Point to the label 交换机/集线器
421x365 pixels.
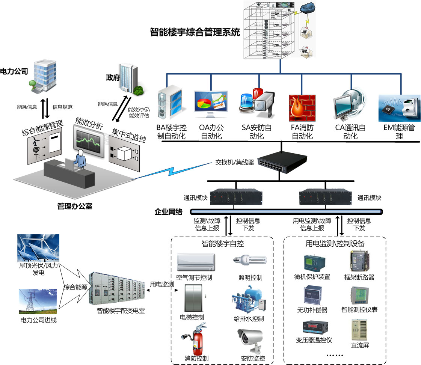click(x=234, y=163)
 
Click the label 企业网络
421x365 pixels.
click(x=169, y=212)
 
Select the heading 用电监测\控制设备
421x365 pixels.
click(x=335, y=244)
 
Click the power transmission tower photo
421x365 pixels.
click(x=38, y=301)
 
